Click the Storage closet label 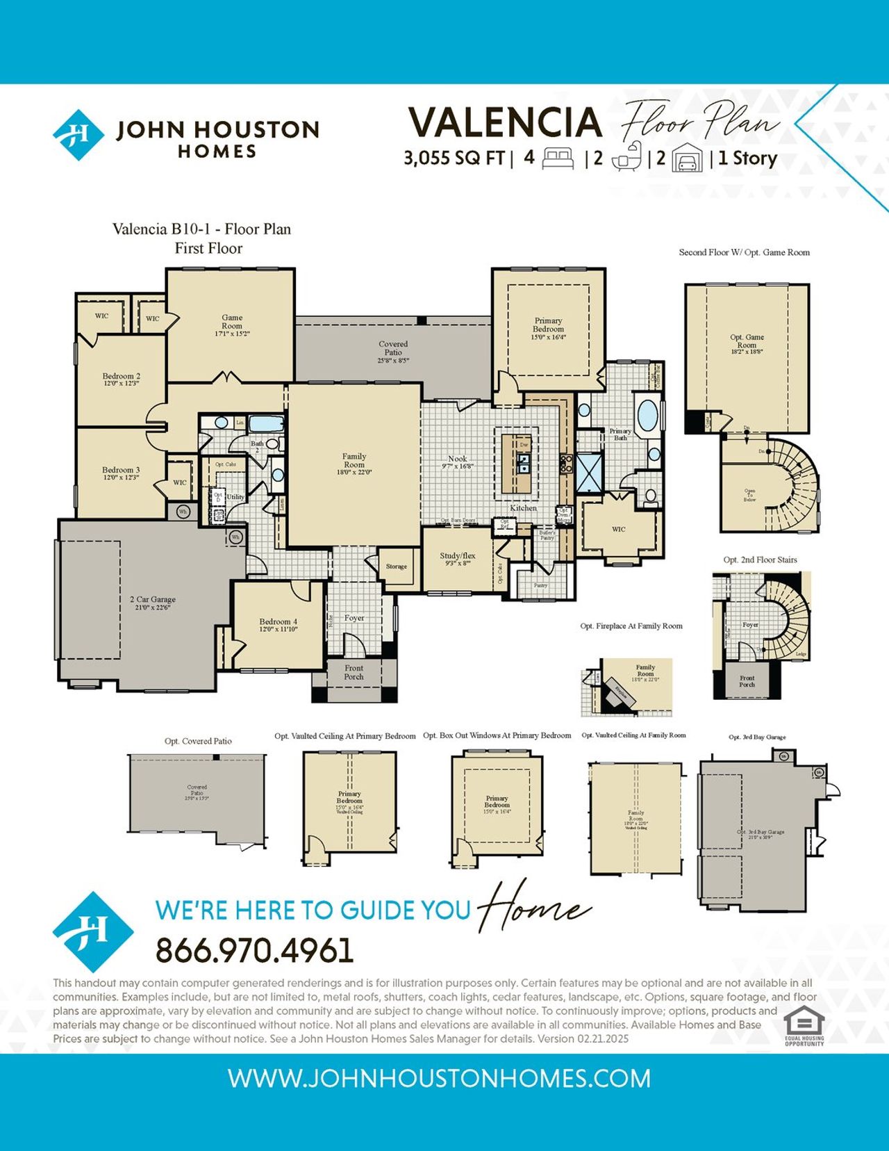click(397, 566)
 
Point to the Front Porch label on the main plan click(354, 672)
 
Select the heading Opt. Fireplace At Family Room click(631, 626)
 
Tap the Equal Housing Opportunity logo click(804, 1026)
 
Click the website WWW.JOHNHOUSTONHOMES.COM click(439, 1079)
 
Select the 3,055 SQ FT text click(454, 158)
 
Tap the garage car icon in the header click(686, 159)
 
